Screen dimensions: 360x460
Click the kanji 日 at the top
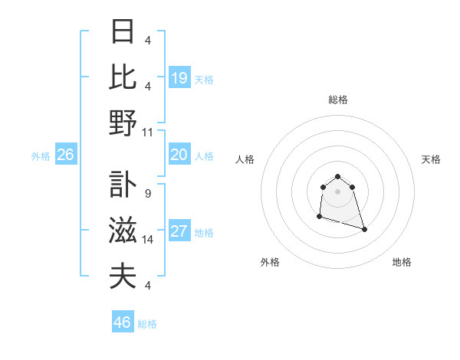click(123, 32)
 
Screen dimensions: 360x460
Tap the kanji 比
click(123, 77)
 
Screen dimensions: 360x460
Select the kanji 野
click(123, 123)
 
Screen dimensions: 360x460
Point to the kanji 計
click(123, 186)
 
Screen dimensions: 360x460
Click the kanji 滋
click(123, 231)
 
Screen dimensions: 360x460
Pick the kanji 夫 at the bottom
click(123, 277)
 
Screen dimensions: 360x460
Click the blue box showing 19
click(179, 78)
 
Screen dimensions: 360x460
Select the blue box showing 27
click(179, 232)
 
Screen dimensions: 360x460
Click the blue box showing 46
click(122, 322)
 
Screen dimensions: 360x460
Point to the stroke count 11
click(148, 133)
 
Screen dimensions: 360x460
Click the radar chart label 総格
click(338, 100)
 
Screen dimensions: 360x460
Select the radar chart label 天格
click(431, 159)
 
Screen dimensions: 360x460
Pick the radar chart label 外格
click(270, 262)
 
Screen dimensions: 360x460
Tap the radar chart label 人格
click(245, 159)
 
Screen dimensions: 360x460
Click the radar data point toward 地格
click(364, 229)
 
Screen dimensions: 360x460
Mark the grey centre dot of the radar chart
click(338, 191)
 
